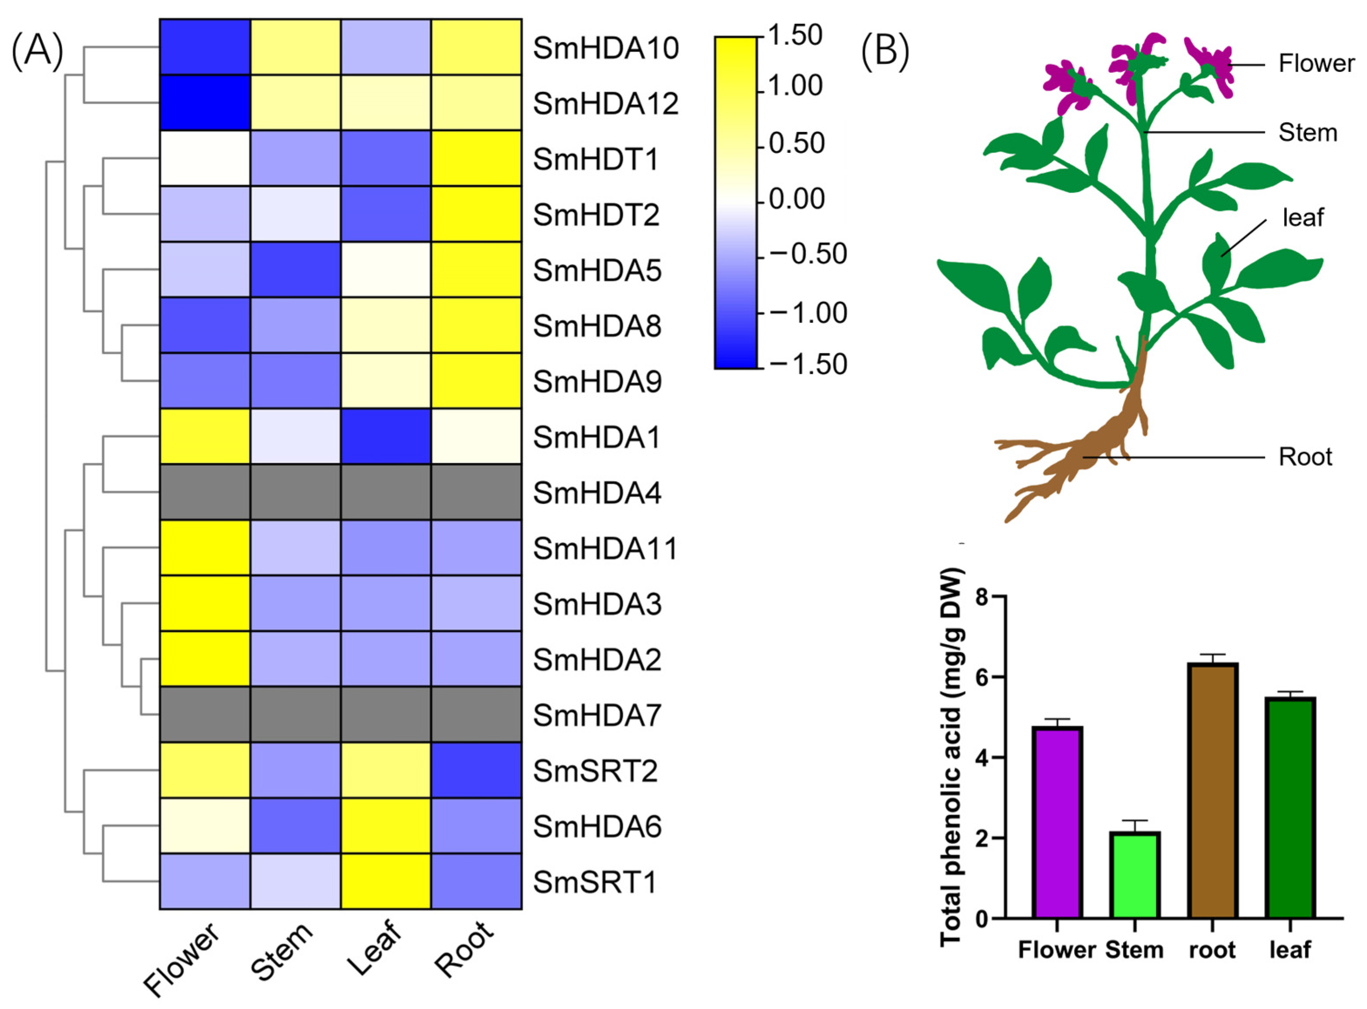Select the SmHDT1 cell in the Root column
click(476, 158)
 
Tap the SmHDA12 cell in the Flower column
click(205, 103)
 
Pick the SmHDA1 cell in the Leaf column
click(385, 436)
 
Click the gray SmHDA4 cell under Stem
click(295, 492)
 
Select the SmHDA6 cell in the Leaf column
click(385, 825)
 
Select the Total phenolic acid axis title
click(951, 757)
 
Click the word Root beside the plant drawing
click(1305, 457)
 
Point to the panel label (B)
click(885, 52)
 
